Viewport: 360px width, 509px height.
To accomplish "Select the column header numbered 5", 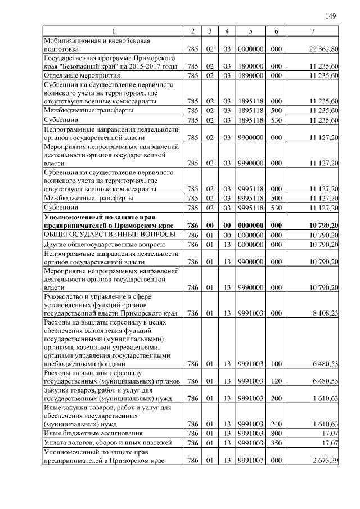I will [x=250, y=31].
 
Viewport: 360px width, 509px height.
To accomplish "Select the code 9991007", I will [x=250, y=461].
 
